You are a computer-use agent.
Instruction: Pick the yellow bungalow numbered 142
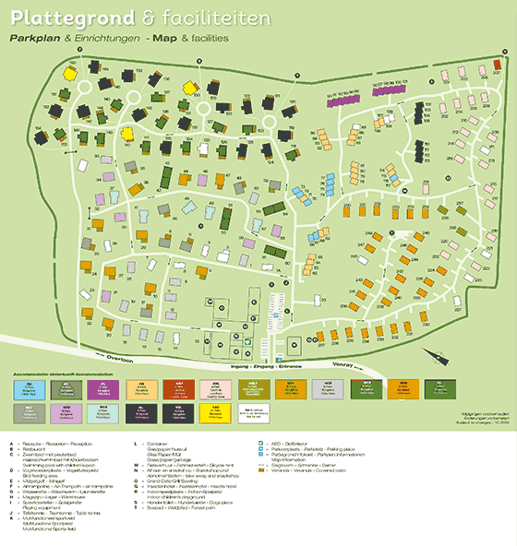click(x=190, y=87)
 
